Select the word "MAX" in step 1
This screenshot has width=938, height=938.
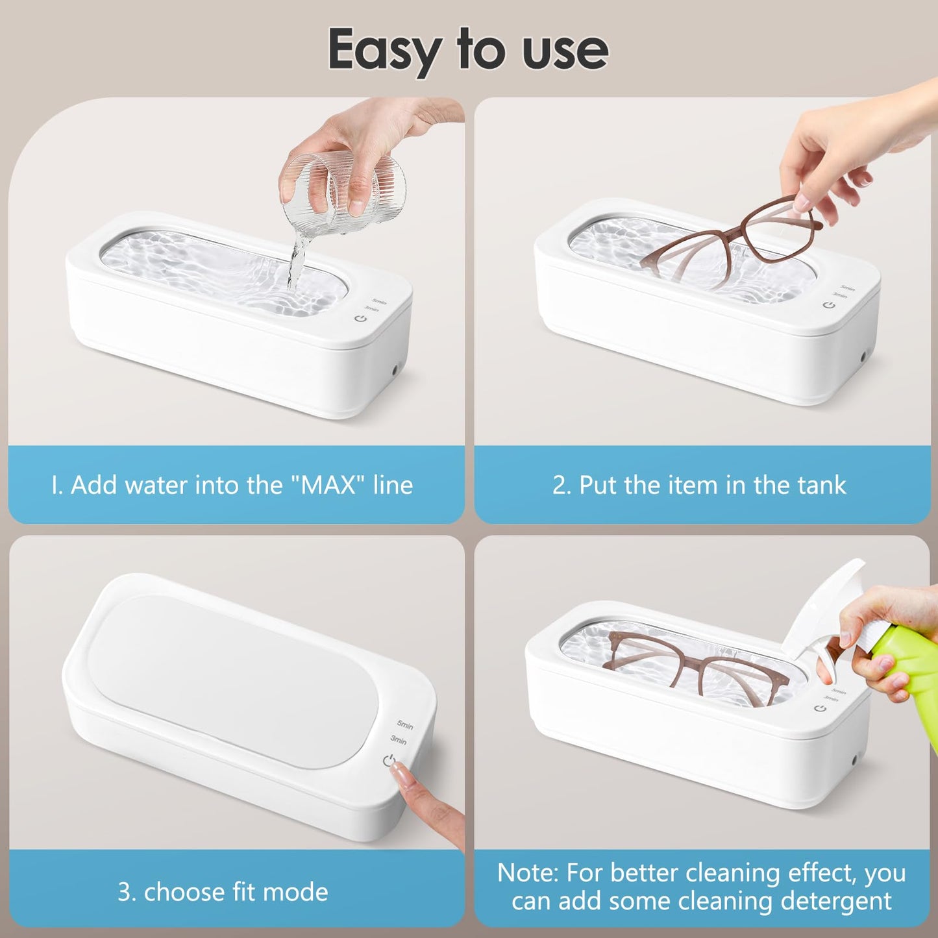tap(328, 486)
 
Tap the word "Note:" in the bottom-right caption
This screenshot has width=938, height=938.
tap(528, 873)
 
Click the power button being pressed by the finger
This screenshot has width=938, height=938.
tap(388, 760)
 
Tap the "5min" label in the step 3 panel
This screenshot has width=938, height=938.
tap(405, 725)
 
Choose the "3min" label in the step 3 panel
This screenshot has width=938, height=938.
tap(398, 740)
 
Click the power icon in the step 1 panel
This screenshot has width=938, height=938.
tap(360, 318)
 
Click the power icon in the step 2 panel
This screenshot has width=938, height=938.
tap(828, 304)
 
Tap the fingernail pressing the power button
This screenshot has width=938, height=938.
tap(401, 772)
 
